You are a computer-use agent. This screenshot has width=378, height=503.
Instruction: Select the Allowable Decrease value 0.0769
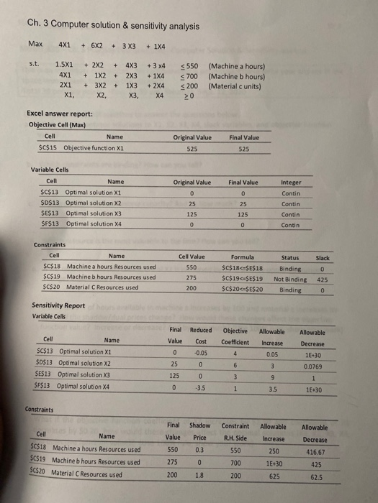[x=312, y=364]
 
